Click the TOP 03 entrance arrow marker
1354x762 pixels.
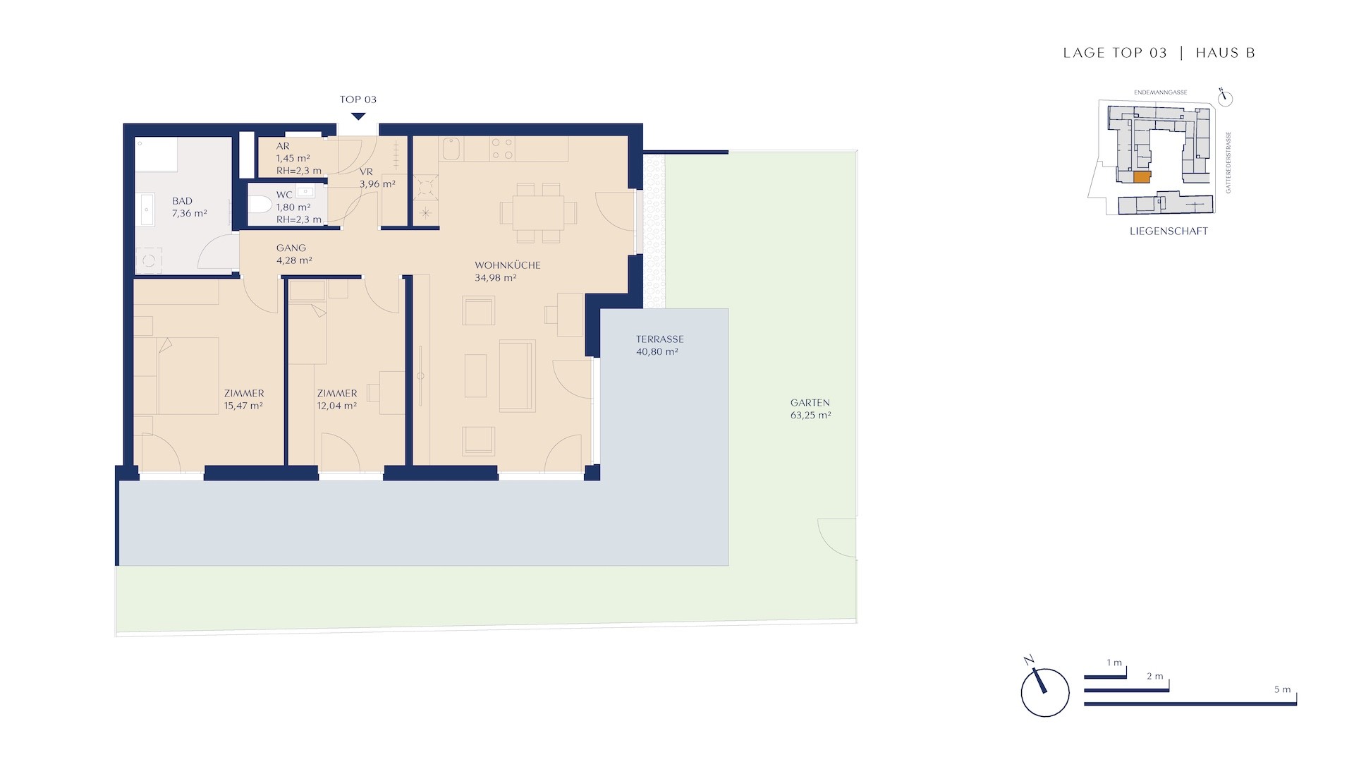(358, 117)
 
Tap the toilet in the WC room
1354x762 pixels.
(260, 205)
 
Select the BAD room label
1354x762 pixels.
(182, 201)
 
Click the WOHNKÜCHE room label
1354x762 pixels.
(507, 265)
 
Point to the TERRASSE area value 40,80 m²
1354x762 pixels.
(657, 351)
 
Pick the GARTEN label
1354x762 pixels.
(810, 403)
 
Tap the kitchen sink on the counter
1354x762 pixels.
(451, 149)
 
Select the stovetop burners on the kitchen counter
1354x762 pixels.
(503, 149)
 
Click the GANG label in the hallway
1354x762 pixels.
(291, 248)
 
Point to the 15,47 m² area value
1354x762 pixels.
(243, 406)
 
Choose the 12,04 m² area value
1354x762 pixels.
(336, 406)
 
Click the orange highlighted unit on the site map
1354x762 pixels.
(1141, 177)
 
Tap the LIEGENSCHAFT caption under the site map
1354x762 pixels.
(1169, 231)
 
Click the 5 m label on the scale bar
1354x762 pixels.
(1282, 689)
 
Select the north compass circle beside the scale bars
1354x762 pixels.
(1044, 693)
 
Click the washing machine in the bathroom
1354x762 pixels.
(149, 260)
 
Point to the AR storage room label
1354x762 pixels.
(283, 146)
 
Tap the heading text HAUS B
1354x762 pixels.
(1226, 53)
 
